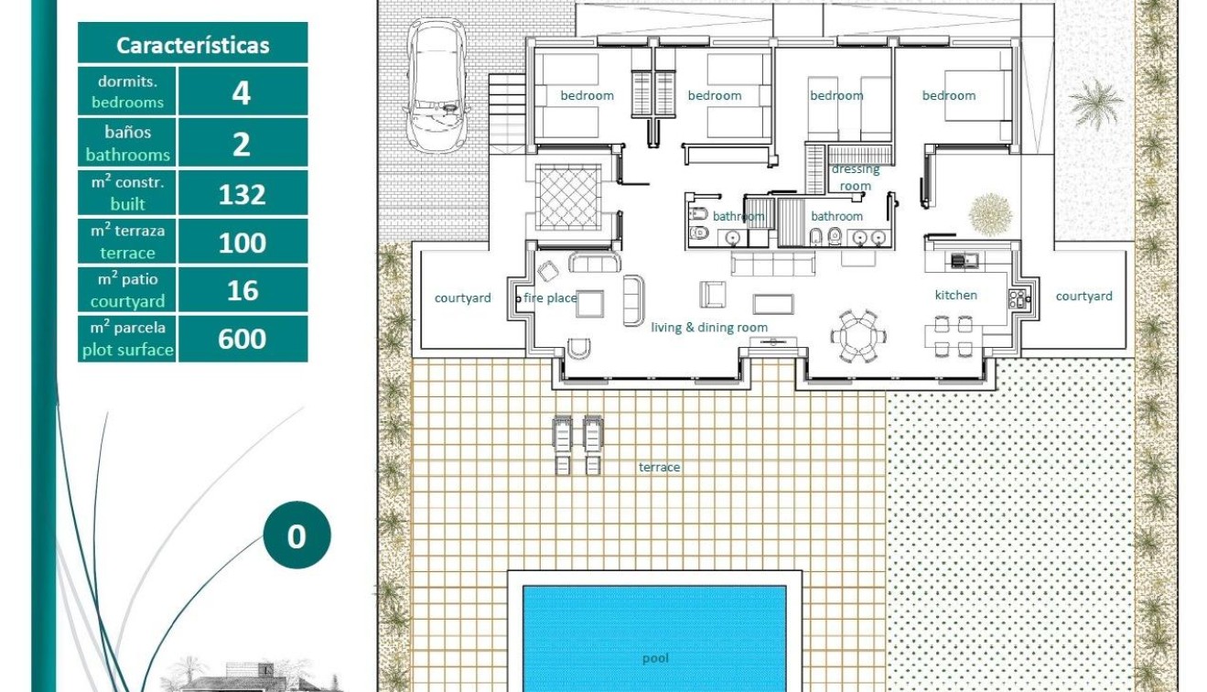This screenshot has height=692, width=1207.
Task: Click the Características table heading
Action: (193, 45)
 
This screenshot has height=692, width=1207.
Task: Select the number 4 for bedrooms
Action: (242, 92)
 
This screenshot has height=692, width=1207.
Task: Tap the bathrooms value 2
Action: (242, 144)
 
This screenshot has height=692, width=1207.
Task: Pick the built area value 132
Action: (242, 194)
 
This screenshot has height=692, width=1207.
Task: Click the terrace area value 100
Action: (242, 243)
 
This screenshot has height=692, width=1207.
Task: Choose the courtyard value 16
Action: (242, 290)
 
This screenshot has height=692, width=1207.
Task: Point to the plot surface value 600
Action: (242, 339)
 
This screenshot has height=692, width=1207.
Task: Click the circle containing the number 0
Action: (296, 535)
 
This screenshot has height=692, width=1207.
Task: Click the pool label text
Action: (655, 658)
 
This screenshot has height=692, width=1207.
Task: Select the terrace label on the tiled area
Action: (659, 467)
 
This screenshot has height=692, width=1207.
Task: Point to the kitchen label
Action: (955, 295)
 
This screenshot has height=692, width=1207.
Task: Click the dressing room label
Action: (855, 178)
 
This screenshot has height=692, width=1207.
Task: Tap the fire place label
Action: (550, 297)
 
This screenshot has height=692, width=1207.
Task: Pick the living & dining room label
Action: (709, 327)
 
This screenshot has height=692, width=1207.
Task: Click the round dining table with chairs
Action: (858, 336)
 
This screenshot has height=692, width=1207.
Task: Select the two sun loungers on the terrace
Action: (577, 445)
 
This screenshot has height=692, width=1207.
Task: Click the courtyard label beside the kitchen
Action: (1083, 296)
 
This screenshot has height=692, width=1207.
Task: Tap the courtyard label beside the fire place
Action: (462, 297)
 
